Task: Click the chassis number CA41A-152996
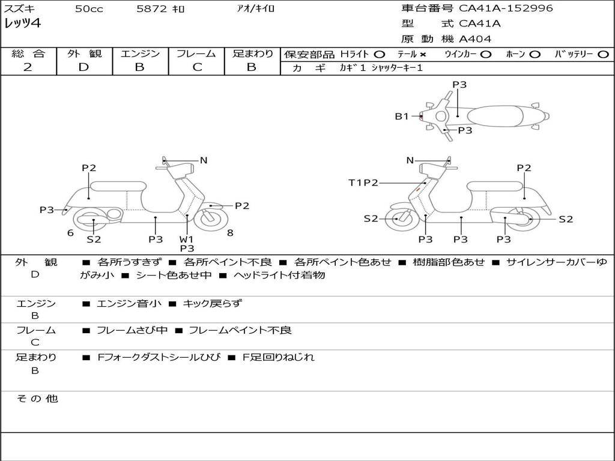coord(506,8)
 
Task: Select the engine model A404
coord(475,39)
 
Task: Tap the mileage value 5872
coord(151,8)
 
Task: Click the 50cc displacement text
coord(89,8)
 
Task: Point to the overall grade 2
coord(28,67)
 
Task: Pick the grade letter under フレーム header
coord(197,67)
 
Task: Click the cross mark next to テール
coord(422,55)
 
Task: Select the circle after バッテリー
coord(603,55)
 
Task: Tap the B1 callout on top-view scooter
coord(402,116)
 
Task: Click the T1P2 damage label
coord(363,182)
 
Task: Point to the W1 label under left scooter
coord(187,239)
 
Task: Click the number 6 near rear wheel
coord(70,233)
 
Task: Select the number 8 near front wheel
coord(230,233)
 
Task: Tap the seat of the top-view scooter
coord(495,116)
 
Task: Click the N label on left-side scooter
coord(204,160)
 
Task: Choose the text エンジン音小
coord(129,303)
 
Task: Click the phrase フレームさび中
coord(132,331)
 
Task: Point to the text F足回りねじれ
coord(279,357)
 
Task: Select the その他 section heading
coord(37,399)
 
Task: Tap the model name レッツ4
coord(22,23)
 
